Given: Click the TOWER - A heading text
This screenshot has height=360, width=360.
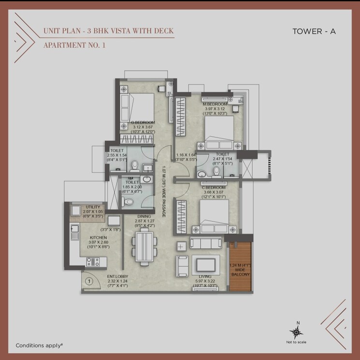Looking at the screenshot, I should coord(314,31).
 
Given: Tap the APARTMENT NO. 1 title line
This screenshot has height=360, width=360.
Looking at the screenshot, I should coord(74,45).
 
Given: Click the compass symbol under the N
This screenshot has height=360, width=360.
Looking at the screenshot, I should coord(298,332).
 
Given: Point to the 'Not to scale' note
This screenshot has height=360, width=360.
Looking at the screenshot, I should coord(298,342).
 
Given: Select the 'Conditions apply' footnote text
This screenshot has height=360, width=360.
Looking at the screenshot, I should coord(39,345).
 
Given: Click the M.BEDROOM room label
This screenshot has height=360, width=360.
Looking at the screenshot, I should coord(215,104).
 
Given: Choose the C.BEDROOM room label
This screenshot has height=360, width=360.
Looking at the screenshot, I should coord(215,187).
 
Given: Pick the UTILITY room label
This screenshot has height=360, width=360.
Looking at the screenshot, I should coord(93,207).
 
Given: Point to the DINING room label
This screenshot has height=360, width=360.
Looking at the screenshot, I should coord(144,216).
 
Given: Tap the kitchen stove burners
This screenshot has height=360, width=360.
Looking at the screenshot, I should coord(93,262).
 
